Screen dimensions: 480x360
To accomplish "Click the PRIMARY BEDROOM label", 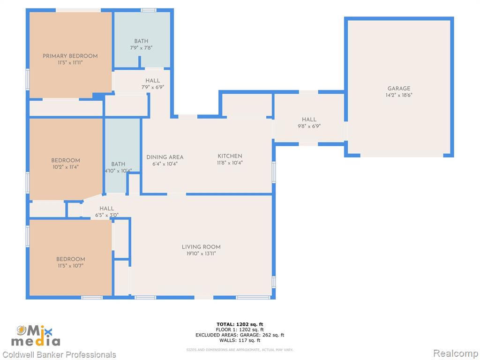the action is tap(70, 56).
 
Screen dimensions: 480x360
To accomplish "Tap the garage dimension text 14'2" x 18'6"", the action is tap(399, 95).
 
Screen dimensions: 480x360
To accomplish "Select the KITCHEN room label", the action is tap(230, 156).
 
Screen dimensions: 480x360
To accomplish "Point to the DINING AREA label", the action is tap(165, 157).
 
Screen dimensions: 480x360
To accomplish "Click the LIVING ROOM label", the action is tap(201, 247).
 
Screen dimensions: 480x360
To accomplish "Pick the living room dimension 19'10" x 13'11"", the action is tap(201, 254).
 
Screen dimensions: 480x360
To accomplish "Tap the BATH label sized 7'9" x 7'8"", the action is tap(141, 41).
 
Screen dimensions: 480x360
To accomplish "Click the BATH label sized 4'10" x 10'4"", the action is tap(118, 164).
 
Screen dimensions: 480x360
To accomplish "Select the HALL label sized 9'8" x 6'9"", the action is tap(309, 120).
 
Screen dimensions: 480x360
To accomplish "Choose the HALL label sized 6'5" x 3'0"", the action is tap(106, 209).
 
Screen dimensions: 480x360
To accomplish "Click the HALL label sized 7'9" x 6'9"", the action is tap(152, 81).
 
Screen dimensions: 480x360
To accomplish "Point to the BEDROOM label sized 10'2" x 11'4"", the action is tap(66, 160).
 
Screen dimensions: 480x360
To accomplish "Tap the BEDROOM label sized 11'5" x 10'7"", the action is tap(70, 259).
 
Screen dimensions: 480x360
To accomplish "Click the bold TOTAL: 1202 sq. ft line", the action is tap(240, 324).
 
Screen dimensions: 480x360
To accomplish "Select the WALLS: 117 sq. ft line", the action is tap(240, 340).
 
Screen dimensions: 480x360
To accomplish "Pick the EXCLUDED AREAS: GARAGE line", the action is tap(240, 335).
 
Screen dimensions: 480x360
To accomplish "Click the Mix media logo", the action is tap(36, 336).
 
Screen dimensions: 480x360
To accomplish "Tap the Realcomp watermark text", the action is tap(456, 353).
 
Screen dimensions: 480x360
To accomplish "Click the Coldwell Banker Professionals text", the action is tap(59, 355).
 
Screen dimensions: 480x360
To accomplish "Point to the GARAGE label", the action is tap(399, 89).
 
